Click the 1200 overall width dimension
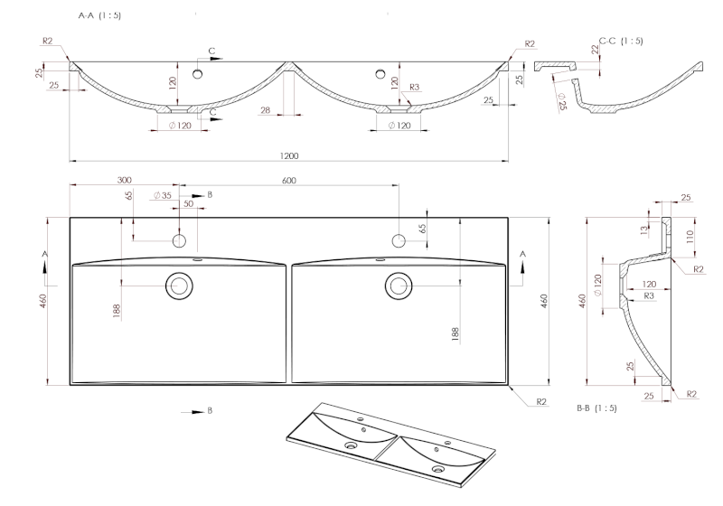(289, 155)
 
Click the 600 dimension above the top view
(289, 180)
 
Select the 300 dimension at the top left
(124, 180)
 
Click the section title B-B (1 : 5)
(596, 408)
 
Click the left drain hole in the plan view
(179, 286)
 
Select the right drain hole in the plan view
(398, 286)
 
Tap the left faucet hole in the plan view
(179, 240)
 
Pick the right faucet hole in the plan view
(398, 240)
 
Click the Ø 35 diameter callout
(163, 195)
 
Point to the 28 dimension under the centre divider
(266, 110)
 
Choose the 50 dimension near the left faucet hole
(189, 204)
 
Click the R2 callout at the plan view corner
(540, 400)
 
